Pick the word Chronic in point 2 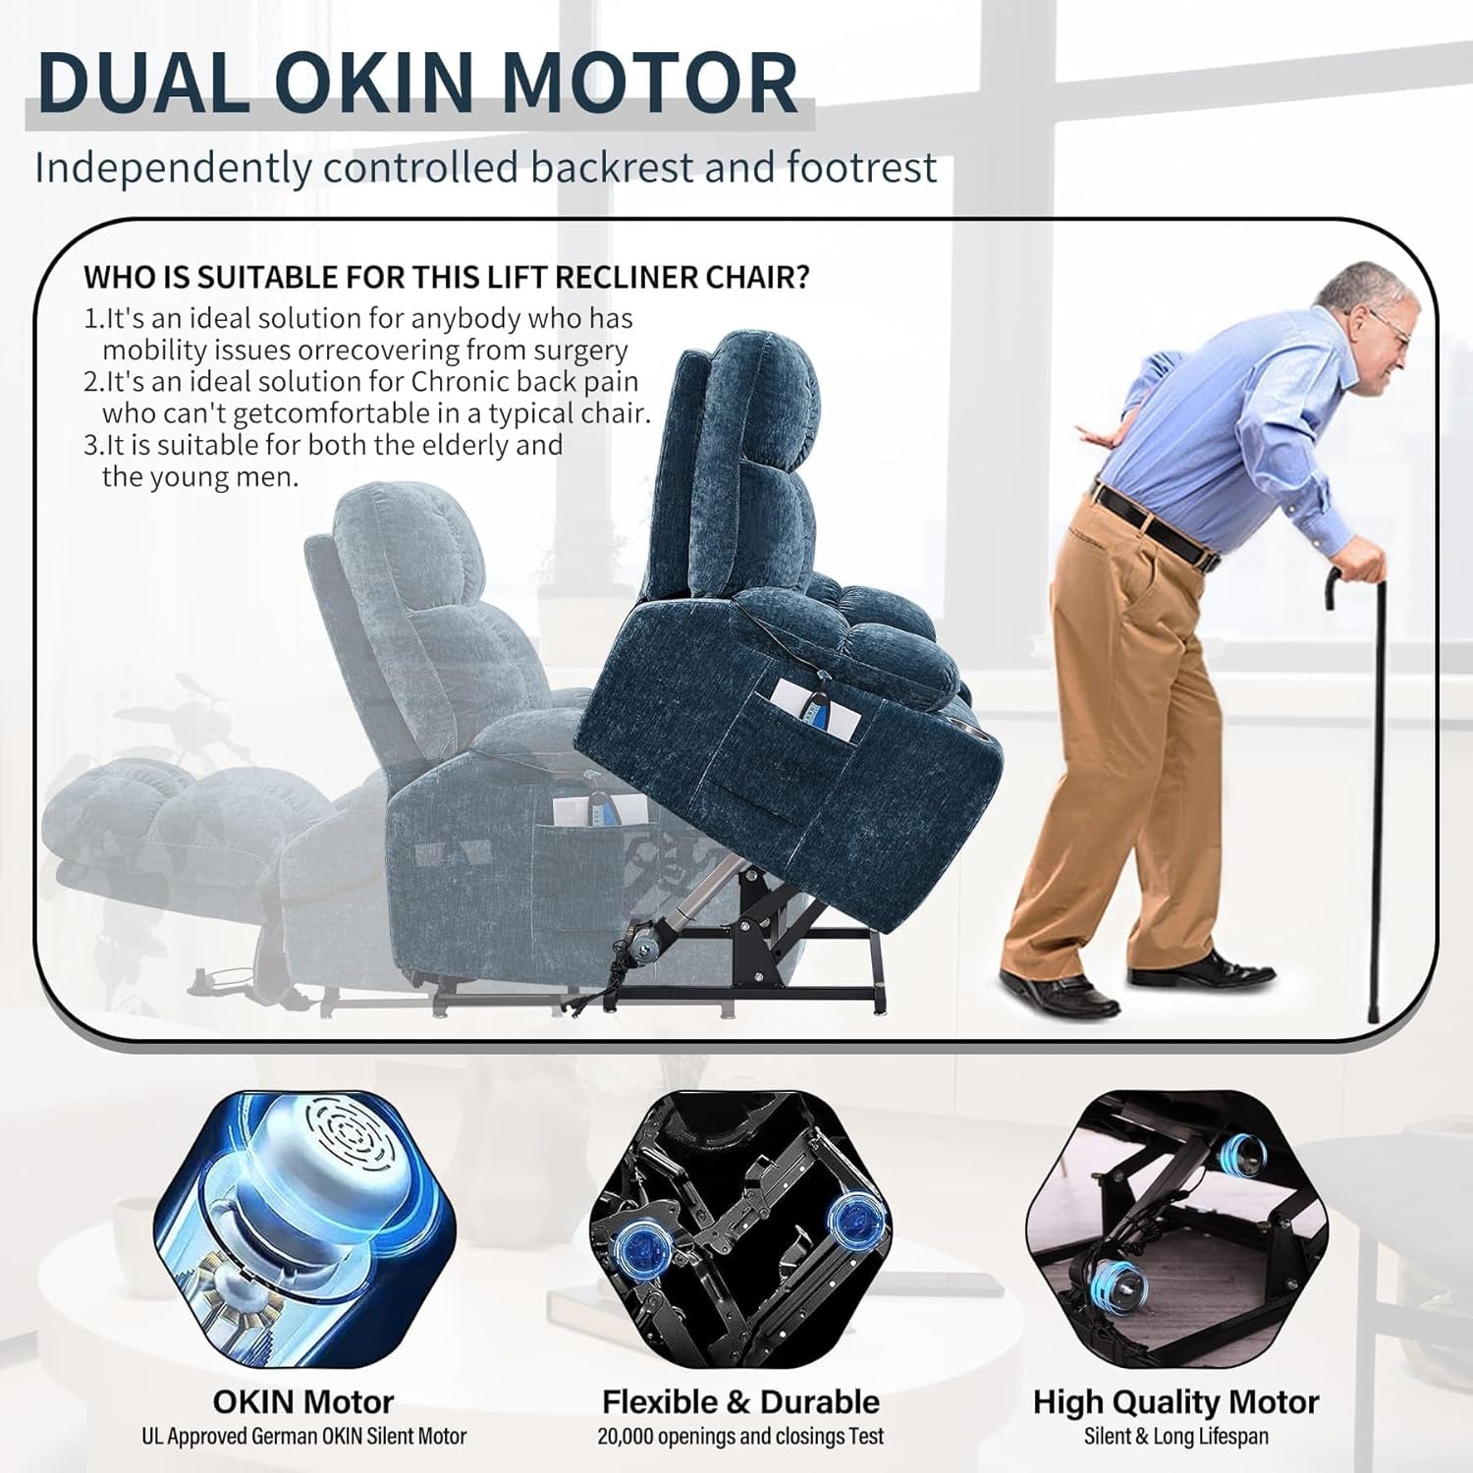[460, 381]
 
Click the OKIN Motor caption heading [303, 1401]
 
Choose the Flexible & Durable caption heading [740, 1401]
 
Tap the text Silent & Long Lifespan [1175, 1436]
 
